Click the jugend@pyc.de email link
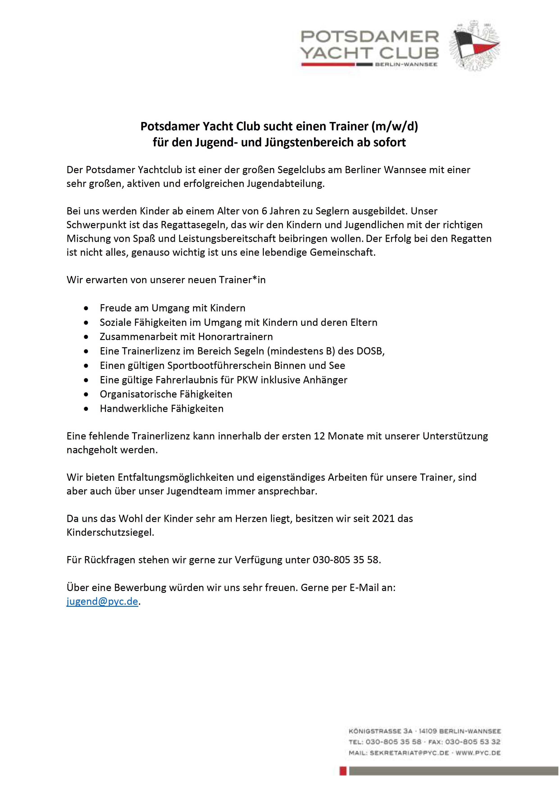pos(102,601)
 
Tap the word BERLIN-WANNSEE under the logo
pos(406,64)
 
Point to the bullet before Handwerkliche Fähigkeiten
pos(86,409)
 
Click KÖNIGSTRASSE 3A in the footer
pos(380,731)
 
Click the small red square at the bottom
pos(343,771)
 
